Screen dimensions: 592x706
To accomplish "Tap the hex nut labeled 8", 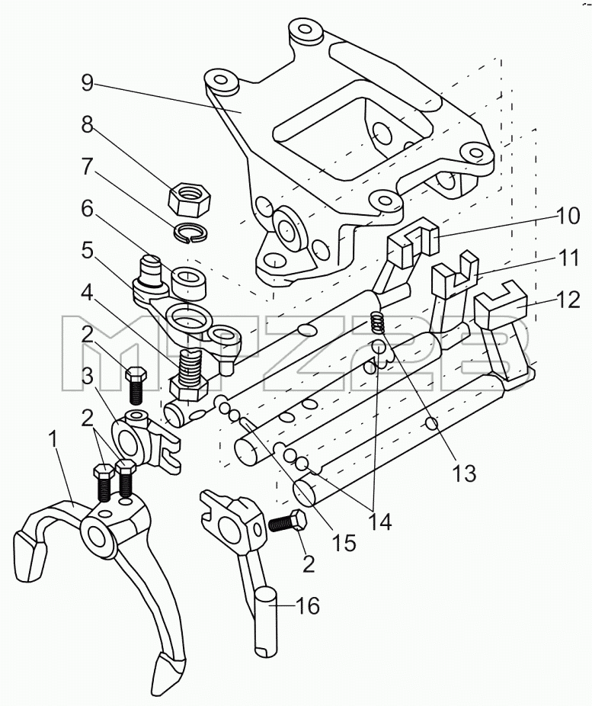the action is (x=190, y=198).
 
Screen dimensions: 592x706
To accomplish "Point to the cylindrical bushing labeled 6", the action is (x=190, y=283).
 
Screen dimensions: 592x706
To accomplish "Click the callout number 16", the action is (x=308, y=606).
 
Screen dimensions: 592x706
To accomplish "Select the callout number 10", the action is (x=568, y=216).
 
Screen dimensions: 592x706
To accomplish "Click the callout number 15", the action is (x=344, y=543).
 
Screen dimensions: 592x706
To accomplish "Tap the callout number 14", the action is (x=380, y=521).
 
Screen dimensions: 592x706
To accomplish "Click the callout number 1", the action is (x=53, y=439).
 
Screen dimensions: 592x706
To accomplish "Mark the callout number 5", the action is (x=88, y=251).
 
